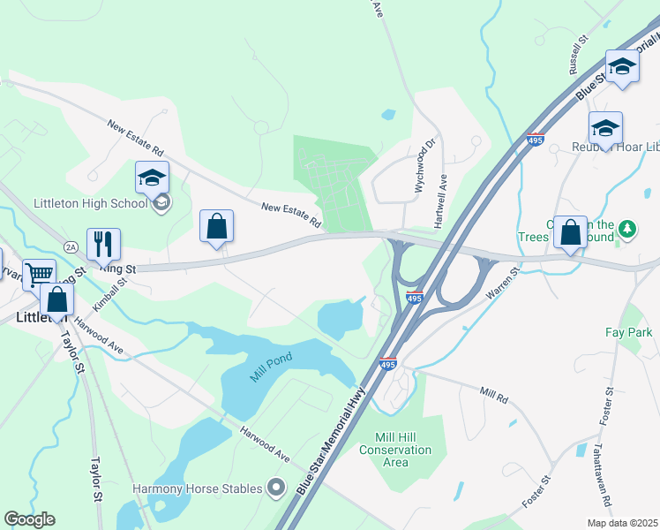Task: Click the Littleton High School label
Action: pos(89,203)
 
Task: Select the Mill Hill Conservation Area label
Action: pos(396,450)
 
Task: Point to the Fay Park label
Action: pos(628,333)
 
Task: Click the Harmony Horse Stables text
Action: pos(198,488)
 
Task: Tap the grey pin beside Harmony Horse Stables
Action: pos(277,488)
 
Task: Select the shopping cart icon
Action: pos(39,273)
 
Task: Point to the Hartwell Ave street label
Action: pos(444,200)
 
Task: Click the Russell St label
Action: pos(578,57)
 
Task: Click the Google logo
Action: pos(30,519)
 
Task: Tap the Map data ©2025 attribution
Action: pos(622,523)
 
